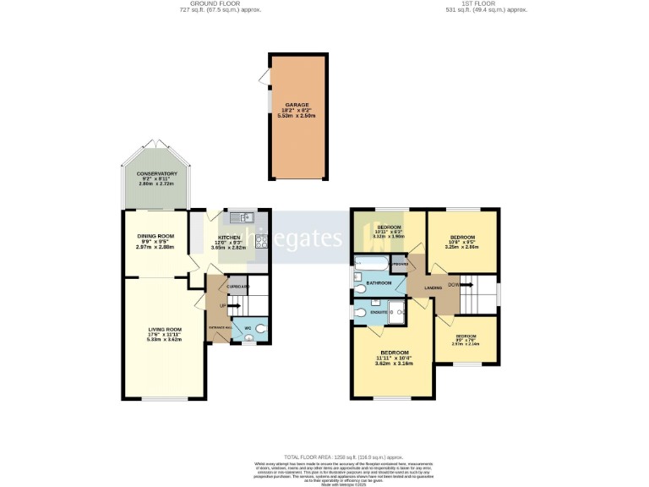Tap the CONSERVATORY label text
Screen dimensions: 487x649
(156, 173)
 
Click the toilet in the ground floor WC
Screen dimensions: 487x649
(259, 329)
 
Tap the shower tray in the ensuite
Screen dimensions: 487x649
(395, 312)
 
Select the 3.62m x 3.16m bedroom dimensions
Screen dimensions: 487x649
(394, 364)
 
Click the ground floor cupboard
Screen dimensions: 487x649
(237, 287)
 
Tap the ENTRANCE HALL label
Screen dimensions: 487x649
(219, 326)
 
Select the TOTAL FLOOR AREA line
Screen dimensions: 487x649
(325, 455)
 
